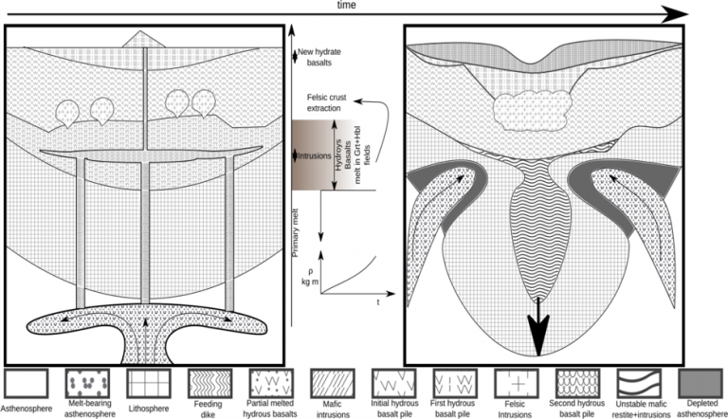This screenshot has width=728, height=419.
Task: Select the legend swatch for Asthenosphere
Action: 27,383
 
